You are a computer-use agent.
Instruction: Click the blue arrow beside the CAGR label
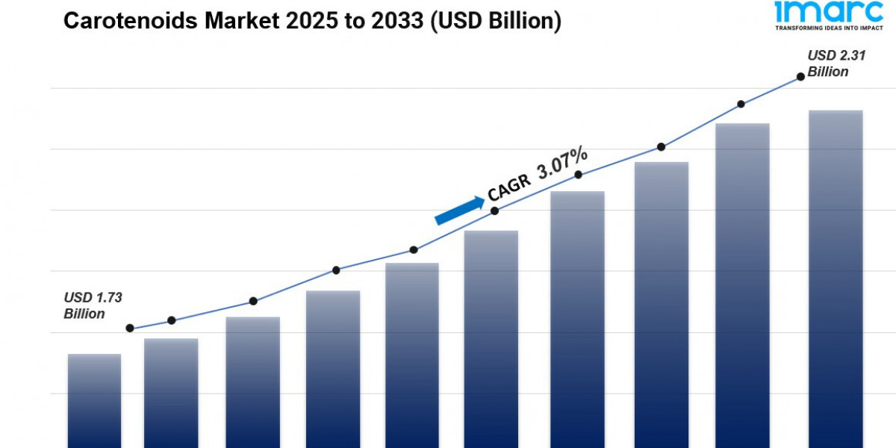(459, 211)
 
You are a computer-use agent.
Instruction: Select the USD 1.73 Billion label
(93, 305)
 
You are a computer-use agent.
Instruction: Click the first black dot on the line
(130, 329)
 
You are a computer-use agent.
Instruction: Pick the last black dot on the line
(800, 76)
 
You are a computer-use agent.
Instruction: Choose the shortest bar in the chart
(94, 401)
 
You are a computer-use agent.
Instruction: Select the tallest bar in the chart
(836, 279)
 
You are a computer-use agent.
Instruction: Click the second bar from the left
(171, 393)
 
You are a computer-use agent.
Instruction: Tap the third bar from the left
(253, 382)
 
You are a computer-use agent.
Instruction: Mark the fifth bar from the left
(411, 355)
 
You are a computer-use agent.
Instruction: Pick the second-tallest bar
(742, 285)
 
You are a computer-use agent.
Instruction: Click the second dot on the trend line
(171, 320)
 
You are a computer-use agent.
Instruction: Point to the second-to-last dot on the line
(741, 104)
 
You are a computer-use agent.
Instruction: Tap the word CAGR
(509, 186)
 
